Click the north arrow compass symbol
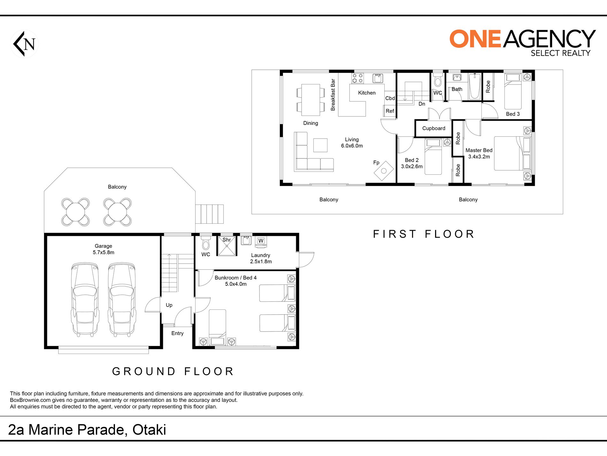coord(24,44)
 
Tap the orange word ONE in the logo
coord(475,39)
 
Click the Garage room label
coord(103,246)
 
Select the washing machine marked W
coord(261,241)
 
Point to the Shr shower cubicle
coord(227,246)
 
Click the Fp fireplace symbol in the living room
coord(384,171)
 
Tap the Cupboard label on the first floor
coord(434,128)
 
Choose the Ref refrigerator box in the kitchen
coord(390,111)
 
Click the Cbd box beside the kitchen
coord(390,98)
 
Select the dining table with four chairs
coord(311,100)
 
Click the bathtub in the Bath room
coord(475,86)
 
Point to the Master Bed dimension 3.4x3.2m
coord(479,156)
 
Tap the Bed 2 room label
coord(411,160)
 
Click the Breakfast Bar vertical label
coord(333,95)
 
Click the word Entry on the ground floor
coord(177,333)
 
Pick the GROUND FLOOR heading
coord(173,371)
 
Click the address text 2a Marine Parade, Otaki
coord(87,430)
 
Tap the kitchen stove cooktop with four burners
coord(358,78)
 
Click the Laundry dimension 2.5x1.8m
coord(261,261)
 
